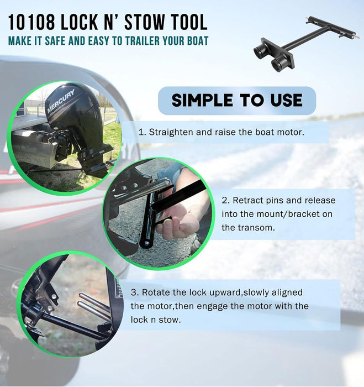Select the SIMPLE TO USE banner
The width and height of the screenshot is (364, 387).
click(237, 100)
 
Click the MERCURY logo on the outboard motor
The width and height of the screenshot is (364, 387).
click(61, 101)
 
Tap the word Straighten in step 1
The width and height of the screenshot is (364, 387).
click(171, 132)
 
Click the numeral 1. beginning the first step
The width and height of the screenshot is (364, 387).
click(141, 132)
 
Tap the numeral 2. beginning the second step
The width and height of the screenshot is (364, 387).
click(226, 200)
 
